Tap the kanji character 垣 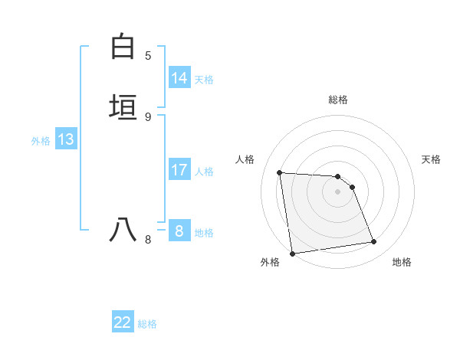tap(123, 106)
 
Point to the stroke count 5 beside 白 tap(148, 55)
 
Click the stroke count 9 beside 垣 tap(148, 116)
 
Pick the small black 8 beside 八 tap(148, 239)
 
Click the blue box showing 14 tap(179, 78)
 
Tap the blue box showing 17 tap(179, 170)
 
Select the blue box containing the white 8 tap(179, 231)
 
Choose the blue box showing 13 tap(66, 139)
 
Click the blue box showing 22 tap(123, 322)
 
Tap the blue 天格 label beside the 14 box tap(204, 80)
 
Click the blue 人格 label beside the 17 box tap(204, 172)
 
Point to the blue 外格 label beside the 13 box tap(41, 141)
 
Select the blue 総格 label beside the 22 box tap(147, 324)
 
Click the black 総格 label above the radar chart tap(338, 100)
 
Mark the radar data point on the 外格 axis tap(292, 253)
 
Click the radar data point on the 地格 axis tap(374, 242)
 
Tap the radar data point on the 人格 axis tap(280, 172)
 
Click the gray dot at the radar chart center tap(338, 191)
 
